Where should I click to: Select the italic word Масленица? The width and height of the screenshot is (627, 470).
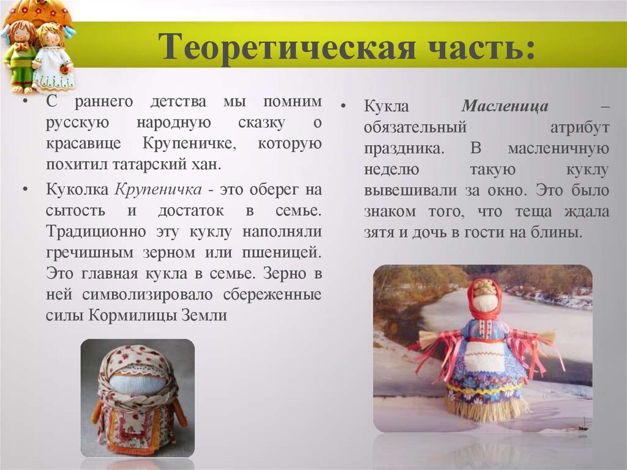coord(505,106)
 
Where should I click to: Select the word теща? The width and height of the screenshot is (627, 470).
coord(520,211)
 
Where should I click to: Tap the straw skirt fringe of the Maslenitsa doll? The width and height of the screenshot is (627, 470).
coord(486,409)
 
